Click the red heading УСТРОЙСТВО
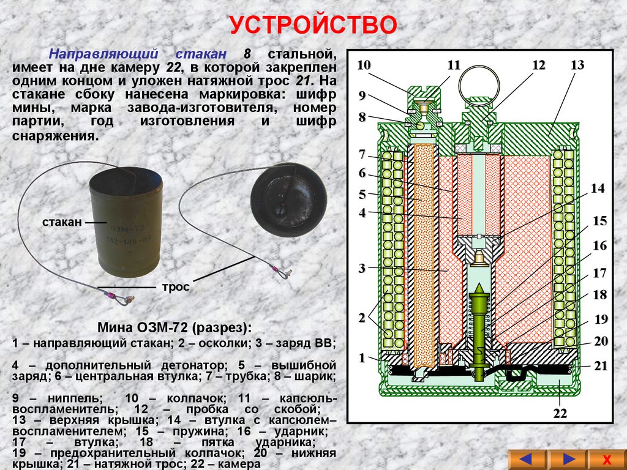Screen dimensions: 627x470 pos(313,24)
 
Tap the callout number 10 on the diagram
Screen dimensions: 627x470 pos(364,65)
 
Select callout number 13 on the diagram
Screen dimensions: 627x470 pos(577,65)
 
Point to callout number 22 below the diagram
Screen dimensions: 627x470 pos(560,413)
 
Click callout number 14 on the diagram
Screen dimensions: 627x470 pos(598,188)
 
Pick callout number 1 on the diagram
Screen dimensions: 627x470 pos(362,357)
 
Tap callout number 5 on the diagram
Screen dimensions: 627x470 pos(362,195)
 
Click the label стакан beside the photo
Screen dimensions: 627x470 pos(62,222)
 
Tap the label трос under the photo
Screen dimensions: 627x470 pos(176,287)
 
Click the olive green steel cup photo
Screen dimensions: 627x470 pos(126,222)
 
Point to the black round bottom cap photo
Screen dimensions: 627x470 pos(288,200)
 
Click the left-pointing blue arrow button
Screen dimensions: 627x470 pos(527,460)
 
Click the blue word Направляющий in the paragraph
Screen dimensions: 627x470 pos(103,54)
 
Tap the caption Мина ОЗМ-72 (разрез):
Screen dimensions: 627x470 pos(175,328)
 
